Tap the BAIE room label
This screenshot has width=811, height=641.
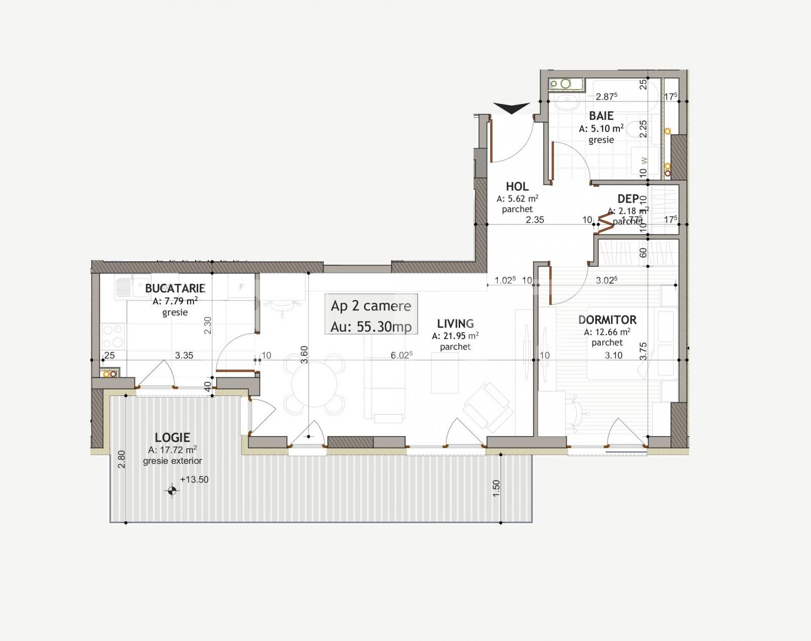pyautogui.click(x=601, y=116)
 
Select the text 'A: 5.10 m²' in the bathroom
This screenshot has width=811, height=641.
pyautogui.click(x=601, y=129)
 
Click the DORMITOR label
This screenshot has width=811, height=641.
pyautogui.click(x=607, y=320)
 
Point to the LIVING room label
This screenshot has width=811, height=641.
pyautogui.click(x=455, y=324)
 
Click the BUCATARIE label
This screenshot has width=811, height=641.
pyautogui.click(x=175, y=289)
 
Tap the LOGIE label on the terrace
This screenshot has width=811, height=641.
pyautogui.click(x=172, y=437)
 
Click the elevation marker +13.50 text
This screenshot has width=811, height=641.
pyautogui.click(x=194, y=479)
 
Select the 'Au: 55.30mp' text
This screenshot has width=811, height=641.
pyautogui.click(x=371, y=327)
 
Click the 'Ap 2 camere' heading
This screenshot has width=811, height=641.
pyautogui.click(x=371, y=306)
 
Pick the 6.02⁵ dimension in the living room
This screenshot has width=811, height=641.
pyautogui.click(x=401, y=355)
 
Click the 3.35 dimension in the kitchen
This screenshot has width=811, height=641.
pyautogui.click(x=184, y=355)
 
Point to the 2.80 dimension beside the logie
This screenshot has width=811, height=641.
pyautogui.click(x=121, y=459)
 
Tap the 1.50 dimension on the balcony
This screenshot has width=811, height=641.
pyautogui.click(x=496, y=488)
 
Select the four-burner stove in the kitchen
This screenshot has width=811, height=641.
pyautogui.click(x=113, y=336)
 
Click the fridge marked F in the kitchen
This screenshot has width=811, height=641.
pyautogui.click(x=241, y=287)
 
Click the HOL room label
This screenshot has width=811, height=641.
pyautogui.click(x=517, y=186)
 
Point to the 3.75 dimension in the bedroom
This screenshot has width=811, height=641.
pyautogui.click(x=643, y=351)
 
